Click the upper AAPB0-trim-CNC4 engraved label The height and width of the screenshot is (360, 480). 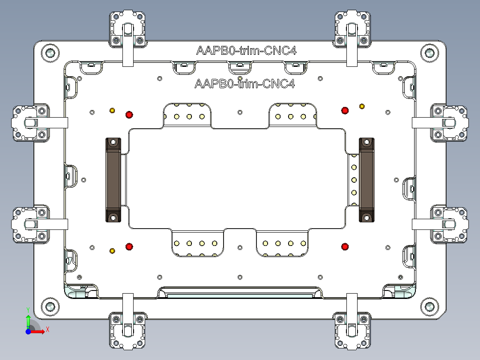pyautogui.click(x=246, y=50)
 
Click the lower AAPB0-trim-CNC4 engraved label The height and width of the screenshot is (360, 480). pyautogui.click(x=244, y=83)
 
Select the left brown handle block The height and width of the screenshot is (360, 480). pyautogui.click(x=113, y=180)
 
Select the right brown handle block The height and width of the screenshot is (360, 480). pyautogui.click(x=366, y=180)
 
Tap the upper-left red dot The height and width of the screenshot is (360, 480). pyautogui.click(x=129, y=115)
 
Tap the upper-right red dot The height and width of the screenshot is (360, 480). pyautogui.click(x=344, y=110)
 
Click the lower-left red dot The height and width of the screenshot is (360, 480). pyautogui.click(x=129, y=246)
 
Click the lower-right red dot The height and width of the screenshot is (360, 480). pyautogui.click(x=344, y=246)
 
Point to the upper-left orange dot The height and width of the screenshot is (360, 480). pyautogui.click(x=112, y=110)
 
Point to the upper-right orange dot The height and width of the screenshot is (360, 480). pyautogui.click(x=362, y=106)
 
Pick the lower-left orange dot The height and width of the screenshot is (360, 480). pyautogui.click(x=112, y=251)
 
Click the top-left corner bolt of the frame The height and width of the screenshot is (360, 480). pyautogui.click(x=50, y=53)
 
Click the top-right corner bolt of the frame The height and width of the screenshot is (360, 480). pyautogui.click(x=429, y=53)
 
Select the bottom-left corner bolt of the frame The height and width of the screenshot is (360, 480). pyautogui.click(x=50, y=307)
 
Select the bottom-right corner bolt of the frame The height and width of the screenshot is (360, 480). pyautogui.click(x=429, y=307)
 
